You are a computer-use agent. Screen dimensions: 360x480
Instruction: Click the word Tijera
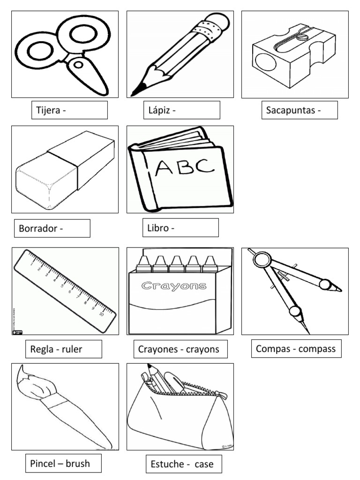click(48, 111)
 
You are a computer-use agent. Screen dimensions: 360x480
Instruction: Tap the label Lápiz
click(159, 111)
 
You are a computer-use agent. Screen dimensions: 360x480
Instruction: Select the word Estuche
click(166, 465)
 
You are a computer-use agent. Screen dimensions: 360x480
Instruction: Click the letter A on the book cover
click(165, 168)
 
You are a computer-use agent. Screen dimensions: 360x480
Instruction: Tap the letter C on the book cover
click(205, 165)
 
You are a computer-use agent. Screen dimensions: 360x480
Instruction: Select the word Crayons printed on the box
click(174, 285)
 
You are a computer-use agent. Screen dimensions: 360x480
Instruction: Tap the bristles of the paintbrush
click(29, 382)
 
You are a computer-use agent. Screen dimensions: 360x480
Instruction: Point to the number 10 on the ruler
click(101, 315)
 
